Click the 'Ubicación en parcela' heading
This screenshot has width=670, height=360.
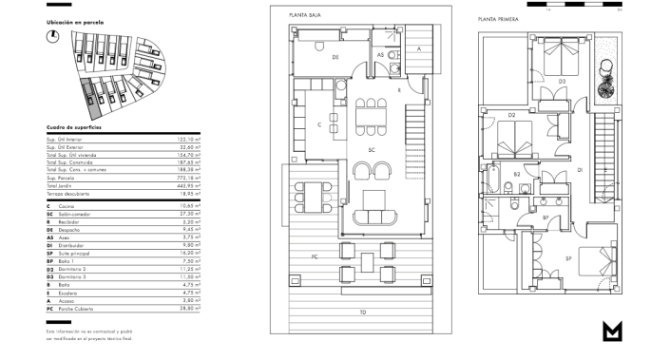pyautogui.click(x=75, y=22)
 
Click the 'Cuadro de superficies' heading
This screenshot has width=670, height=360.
pyautogui.click(x=74, y=126)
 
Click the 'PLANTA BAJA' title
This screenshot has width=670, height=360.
pyautogui.click(x=306, y=13)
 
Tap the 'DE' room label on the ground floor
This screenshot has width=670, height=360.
pyautogui.click(x=335, y=57)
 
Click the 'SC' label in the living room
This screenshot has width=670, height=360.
pyautogui.click(x=373, y=150)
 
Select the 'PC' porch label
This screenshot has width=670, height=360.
pyautogui.click(x=314, y=256)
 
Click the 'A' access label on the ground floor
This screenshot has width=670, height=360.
pyautogui.click(x=418, y=47)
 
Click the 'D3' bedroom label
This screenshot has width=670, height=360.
pyautogui.click(x=562, y=82)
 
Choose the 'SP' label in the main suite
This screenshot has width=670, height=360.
pyautogui.click(x=568, y=257)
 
